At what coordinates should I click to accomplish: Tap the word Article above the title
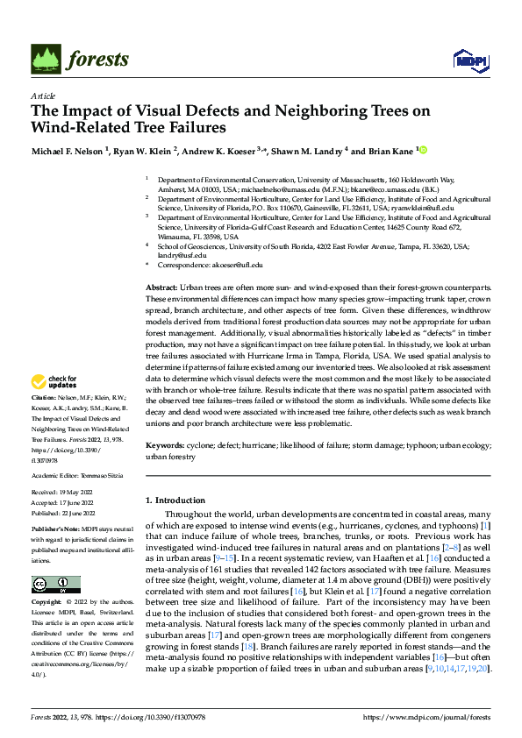(42, 96)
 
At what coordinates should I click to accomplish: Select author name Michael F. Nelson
(68, 151)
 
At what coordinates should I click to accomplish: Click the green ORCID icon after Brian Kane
(424, 150)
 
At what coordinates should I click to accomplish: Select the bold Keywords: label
(164, 445)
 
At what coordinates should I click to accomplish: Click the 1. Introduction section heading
(179, 500)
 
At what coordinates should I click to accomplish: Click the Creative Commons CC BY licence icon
(55, 585)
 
